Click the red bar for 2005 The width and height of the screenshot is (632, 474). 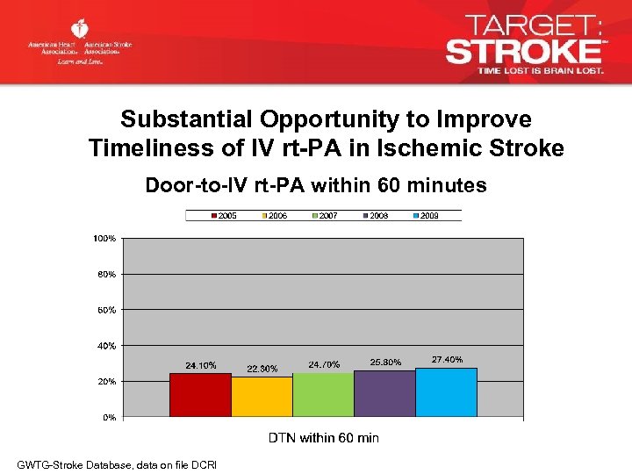(x=200, y=395)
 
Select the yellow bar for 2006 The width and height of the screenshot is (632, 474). (x=262, y=397)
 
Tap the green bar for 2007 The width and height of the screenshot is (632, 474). (x=323, y=395)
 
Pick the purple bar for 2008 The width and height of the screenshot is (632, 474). (x=384, y=393)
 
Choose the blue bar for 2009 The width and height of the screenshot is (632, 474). (x=446, y=392)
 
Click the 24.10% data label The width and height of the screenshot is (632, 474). (x=201, y=365)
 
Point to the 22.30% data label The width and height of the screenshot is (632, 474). (x=262, y=369)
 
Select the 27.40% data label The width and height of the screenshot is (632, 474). (x=447, y=360)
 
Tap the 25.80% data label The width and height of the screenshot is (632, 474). (x=385, y=362)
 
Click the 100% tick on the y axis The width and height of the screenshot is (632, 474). (x=104, y=238)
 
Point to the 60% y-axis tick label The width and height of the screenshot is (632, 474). (x=106, y=310)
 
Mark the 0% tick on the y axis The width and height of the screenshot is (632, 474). (x=109, y=418)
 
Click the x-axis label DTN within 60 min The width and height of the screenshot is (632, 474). (x=323, y=437)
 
